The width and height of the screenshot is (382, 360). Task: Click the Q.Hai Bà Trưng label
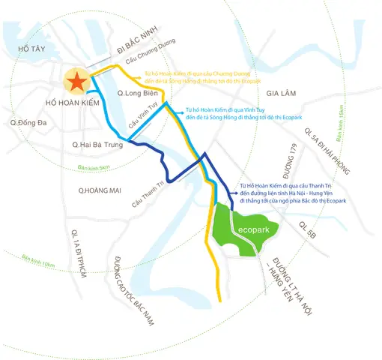click(97, 143)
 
